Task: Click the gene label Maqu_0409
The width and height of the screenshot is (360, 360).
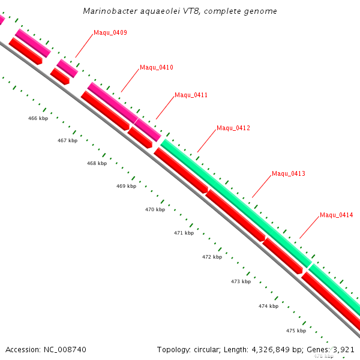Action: [110, 32]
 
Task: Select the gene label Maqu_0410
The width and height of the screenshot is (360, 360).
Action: [156, 67]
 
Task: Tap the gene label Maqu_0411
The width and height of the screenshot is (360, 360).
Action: [191, 95]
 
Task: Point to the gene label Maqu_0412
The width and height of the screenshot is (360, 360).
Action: [233, 128]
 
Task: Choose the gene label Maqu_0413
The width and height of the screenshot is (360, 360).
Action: [289, 173]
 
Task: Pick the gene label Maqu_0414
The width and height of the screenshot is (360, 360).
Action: [336, 215]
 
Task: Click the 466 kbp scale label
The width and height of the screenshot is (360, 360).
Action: [38, 118]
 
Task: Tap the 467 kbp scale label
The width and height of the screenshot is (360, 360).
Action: [67, 140]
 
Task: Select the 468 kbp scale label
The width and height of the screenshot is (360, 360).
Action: [97, 163]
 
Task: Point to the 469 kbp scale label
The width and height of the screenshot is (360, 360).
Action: [126, 186]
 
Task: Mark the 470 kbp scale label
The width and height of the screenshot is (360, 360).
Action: [155, 209]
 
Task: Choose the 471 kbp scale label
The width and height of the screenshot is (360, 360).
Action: [184, 233]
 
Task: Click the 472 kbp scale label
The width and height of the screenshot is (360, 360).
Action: [212, 257]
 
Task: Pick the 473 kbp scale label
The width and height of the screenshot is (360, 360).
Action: [241, 281]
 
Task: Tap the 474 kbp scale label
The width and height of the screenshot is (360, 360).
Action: [268, 306]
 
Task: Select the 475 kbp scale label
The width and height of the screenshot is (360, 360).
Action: [296, 331]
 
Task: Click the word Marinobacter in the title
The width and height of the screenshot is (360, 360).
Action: [110, 11]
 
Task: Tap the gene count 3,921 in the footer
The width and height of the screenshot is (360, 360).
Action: [344, 349]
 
